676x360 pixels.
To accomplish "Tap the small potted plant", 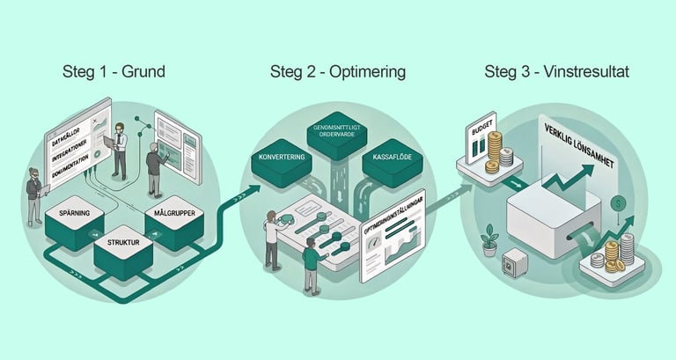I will point(489,239).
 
